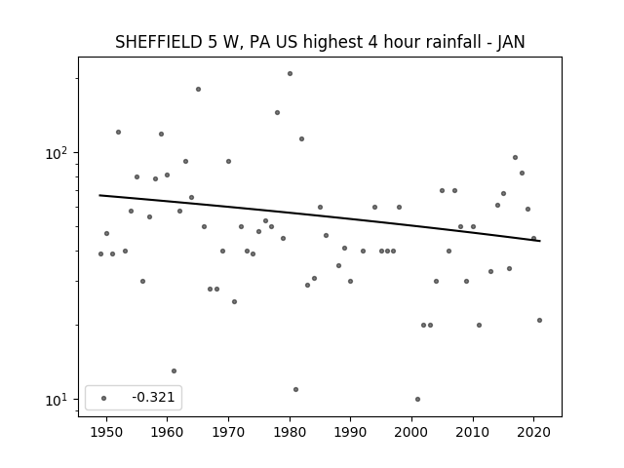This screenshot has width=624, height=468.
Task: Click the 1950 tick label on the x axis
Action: (x=106, y=432)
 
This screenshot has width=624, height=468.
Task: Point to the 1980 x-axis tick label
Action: (x=290, y=432)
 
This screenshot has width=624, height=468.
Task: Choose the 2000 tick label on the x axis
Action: (x=411, y=432)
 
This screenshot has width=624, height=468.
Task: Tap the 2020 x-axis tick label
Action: (x=534, y=432)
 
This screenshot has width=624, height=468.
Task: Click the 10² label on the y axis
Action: (x=56, y=153)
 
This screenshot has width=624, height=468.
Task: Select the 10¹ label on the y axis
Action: (x=56, y=400)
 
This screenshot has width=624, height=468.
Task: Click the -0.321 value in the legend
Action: (x=153, y=397)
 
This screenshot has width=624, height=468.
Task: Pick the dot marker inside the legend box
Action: (x=104, y=398)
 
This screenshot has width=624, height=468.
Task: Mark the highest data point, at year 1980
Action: (x=291, y=74)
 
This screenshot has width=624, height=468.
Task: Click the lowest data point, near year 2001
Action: (x=417, y=399)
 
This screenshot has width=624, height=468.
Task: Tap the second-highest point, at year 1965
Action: (x=198, y=89)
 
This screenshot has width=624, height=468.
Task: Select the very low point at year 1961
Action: (x=174, y=370)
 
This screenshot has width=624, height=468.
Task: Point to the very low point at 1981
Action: (x=295, y=389)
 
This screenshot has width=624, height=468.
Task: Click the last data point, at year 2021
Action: (x=539, y=320)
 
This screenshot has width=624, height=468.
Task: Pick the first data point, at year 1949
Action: (x=100, y=253)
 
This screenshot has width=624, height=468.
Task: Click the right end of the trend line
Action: (x=540, y=241)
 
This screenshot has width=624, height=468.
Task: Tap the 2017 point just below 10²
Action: (x=515, y=157)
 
